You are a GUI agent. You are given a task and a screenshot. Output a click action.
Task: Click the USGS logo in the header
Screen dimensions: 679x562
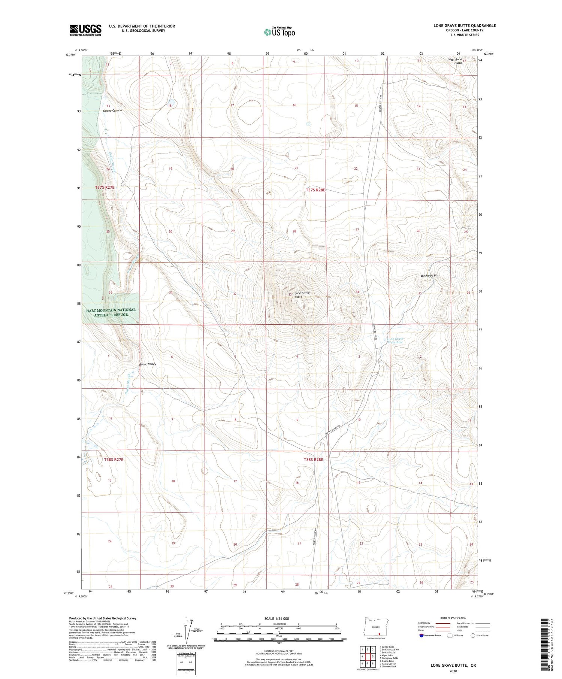[85, 30]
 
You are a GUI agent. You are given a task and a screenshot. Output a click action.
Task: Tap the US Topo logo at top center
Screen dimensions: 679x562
[280, 32]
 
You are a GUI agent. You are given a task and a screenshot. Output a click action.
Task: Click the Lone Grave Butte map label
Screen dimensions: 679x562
[302, 295]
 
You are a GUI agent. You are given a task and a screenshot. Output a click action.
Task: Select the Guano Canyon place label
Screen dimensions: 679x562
[112, 110]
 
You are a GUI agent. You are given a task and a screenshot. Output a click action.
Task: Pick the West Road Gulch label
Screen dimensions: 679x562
[455, 61]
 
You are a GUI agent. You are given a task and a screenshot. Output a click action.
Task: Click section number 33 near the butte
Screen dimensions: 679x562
[290, 295]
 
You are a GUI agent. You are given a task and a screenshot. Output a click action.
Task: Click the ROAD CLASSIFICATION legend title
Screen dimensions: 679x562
[453, 618]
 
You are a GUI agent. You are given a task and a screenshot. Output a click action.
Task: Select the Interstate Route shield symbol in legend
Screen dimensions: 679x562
[421, 636]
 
